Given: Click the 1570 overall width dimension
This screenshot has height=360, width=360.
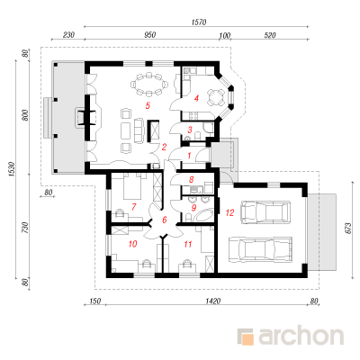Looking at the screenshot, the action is click(x=199, y=22).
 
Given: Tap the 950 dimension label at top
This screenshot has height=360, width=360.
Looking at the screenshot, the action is click(x=150, y=35).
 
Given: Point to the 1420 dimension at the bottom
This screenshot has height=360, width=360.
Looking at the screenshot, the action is click(x=213, y=301).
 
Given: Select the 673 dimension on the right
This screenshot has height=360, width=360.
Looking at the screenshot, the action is click(x=348, y=230).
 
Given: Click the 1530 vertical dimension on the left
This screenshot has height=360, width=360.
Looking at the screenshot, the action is click(x=12, y=169).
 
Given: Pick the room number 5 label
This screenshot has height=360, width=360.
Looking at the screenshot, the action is click(x=148, y=105).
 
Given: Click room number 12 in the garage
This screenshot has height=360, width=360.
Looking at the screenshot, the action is click(x=229, y=212).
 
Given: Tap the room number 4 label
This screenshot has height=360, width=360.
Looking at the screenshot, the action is click(x=196, y=98).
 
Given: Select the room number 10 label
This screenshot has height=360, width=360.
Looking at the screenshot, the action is click(x=132, y=244).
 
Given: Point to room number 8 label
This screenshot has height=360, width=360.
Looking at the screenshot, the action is click(x=192, y=180).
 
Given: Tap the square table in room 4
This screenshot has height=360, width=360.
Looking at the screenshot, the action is click(x=216, y=97).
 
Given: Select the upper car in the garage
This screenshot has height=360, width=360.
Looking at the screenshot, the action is click(x=266, y=212).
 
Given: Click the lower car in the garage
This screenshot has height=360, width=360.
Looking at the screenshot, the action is click(x=260, y=249).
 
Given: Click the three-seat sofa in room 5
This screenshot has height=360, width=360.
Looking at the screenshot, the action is click(x=139, y=130).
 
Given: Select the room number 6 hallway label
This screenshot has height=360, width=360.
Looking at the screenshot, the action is click(x=165, y=220).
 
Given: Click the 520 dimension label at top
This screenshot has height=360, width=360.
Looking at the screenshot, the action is click(x=270, y=35).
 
